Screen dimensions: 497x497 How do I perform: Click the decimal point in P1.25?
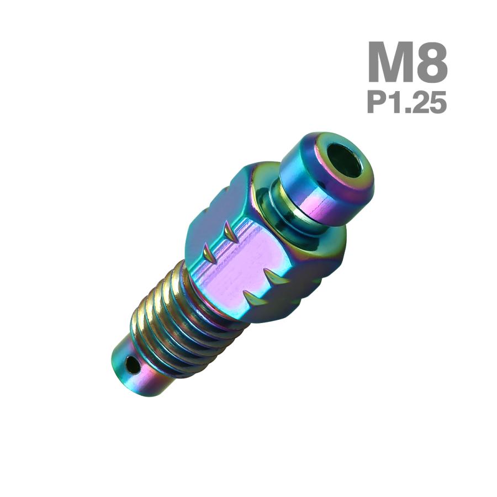coord(408,110)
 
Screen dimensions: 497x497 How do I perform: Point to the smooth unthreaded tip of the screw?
coord(138,373)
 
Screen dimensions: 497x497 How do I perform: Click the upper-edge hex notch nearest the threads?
coord(208,254)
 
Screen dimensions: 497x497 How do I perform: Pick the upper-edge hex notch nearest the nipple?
coord(229,231)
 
